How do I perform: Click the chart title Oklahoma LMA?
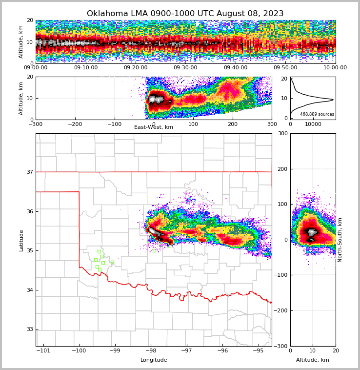185,14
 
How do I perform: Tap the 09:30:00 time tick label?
185,68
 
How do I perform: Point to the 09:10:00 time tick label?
86,68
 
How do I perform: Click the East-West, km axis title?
154,127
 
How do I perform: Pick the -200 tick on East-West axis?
75,124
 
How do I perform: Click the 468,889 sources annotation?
317,114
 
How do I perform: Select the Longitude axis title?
154,360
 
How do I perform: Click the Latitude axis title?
21,240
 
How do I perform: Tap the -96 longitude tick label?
222,350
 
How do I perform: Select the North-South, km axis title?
340,240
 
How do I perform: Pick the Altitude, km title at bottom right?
313,360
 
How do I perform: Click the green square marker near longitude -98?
154,250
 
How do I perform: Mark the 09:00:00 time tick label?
36,68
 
